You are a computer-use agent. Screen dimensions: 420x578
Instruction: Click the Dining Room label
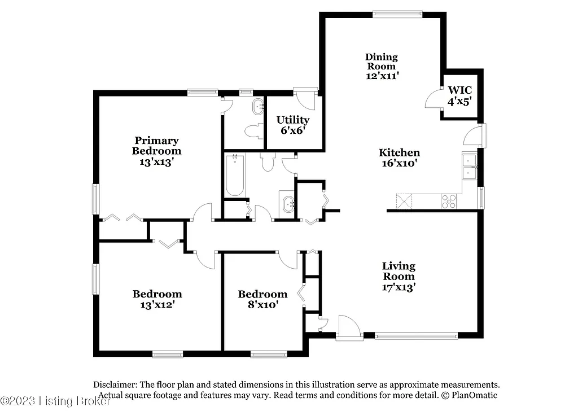pos(382,65)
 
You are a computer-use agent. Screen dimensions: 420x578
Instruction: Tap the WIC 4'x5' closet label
pos(459,96)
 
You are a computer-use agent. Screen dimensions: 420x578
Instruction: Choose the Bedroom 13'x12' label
pos(157,299)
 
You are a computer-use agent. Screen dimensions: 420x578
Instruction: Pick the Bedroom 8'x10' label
pos(262,299)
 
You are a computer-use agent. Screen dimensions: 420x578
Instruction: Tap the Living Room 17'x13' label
pos(399,276)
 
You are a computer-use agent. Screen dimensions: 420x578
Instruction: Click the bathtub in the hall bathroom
pos(235,175)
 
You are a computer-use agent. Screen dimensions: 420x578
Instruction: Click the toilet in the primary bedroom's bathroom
pos(253,131)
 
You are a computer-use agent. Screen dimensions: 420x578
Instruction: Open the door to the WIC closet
pos(433,99)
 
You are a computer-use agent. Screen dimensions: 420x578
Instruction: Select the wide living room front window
pos(416,336)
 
